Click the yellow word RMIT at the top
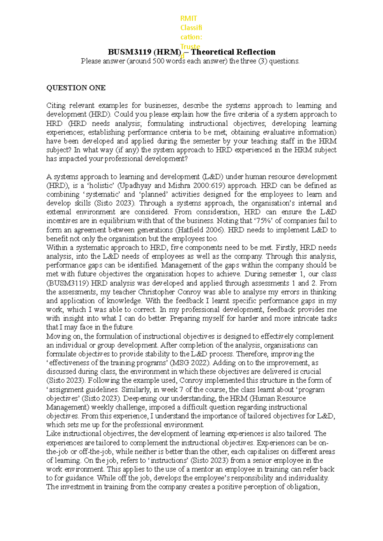(x=189, y=18)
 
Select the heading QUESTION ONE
(x=76, y=88)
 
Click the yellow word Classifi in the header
(x=191, y=28)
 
